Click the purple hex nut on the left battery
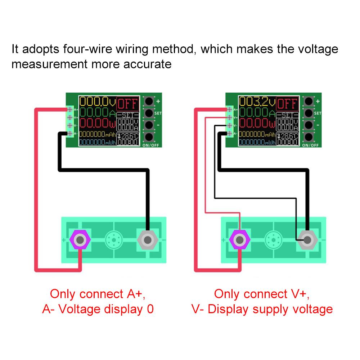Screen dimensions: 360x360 click(x=80, y=239)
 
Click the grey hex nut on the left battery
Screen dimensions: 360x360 click(x=147, y=239)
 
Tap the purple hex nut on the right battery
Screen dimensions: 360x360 click(x=239, y=239)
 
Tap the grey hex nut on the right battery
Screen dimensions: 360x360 click(x=307, y=239)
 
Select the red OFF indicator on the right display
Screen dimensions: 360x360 click(x=288, y=104)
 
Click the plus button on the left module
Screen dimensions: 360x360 click(x=149, y=101)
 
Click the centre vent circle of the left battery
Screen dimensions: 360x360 click(x=113, y=239)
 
